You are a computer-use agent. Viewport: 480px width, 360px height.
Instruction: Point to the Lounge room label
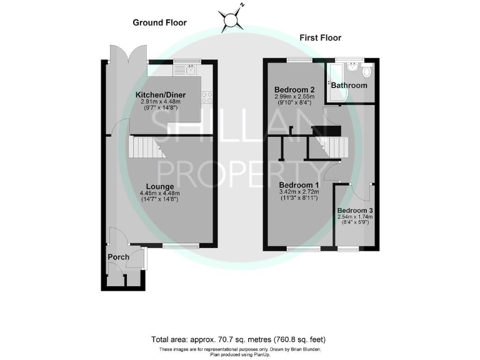pyautogui.click(x=160, y=186)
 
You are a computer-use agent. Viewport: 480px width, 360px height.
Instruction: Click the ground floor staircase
pyautogui.click(x=144, y=148)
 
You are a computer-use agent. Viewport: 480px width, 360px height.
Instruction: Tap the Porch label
pyautogui.click(x=119, y=257)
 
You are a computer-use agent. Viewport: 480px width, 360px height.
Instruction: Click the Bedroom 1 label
pyautogui.click(x=299, y=186)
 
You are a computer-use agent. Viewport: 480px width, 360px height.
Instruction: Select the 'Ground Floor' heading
pyautogui.click(x=159, y=22)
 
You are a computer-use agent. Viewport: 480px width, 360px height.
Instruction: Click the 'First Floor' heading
pyautogui.click(x=320, y=37)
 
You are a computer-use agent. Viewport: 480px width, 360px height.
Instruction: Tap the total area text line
pyautogui.click(x=239, y=339)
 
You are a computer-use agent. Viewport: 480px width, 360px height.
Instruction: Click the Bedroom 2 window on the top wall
pyautogui.click(x=300, y=60)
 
